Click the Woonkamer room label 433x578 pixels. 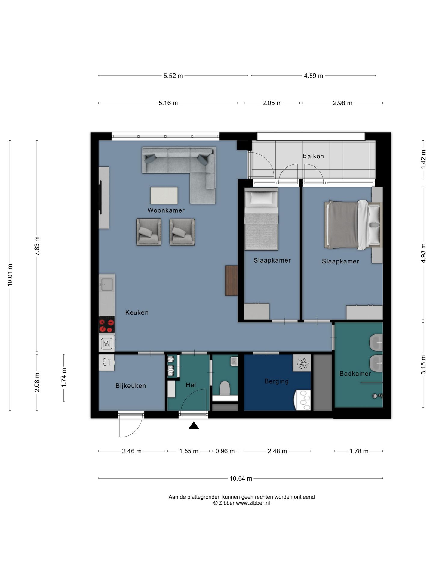(166, 210)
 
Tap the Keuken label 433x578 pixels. (137, 312)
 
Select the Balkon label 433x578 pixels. (313, 156)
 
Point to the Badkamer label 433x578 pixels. (355, 374)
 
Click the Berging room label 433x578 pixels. (276, 381)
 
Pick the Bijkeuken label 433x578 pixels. (131, 386)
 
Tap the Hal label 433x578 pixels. (191, 385)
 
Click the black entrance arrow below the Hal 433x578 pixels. (194, 425)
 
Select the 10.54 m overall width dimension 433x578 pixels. (241, 478)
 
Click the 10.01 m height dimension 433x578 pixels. (10, 275)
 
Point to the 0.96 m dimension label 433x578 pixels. (225, 451)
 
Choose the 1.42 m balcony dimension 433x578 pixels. (423, 159)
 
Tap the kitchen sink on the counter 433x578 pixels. (107, 284)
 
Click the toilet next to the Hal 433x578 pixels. (225, 388)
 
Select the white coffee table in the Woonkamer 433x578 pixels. (164, 196)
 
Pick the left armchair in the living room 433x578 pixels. (149, 232)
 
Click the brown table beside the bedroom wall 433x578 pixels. (231, 281)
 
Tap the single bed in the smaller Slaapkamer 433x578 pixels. (261, 219)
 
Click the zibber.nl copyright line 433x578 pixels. (241, 503)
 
